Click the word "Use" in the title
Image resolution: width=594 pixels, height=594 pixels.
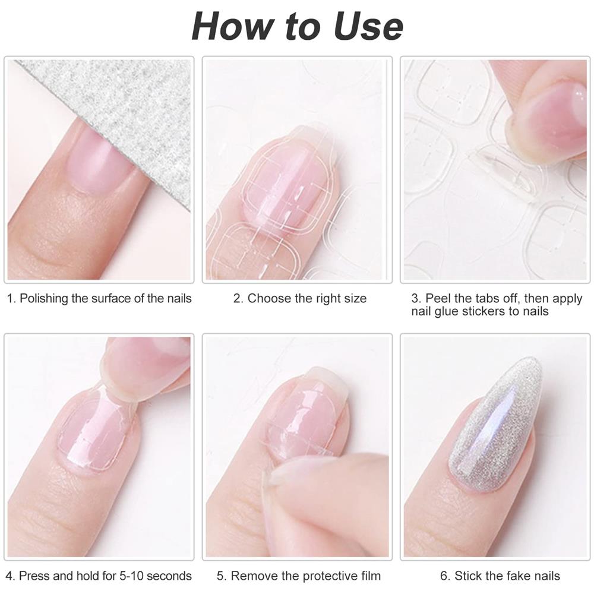click(368, 26)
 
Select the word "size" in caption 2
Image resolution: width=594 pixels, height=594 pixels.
click(354, 299)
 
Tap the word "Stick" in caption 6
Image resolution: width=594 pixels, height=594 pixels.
click(467, 576)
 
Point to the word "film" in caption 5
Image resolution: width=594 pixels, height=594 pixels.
click(371, 576)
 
